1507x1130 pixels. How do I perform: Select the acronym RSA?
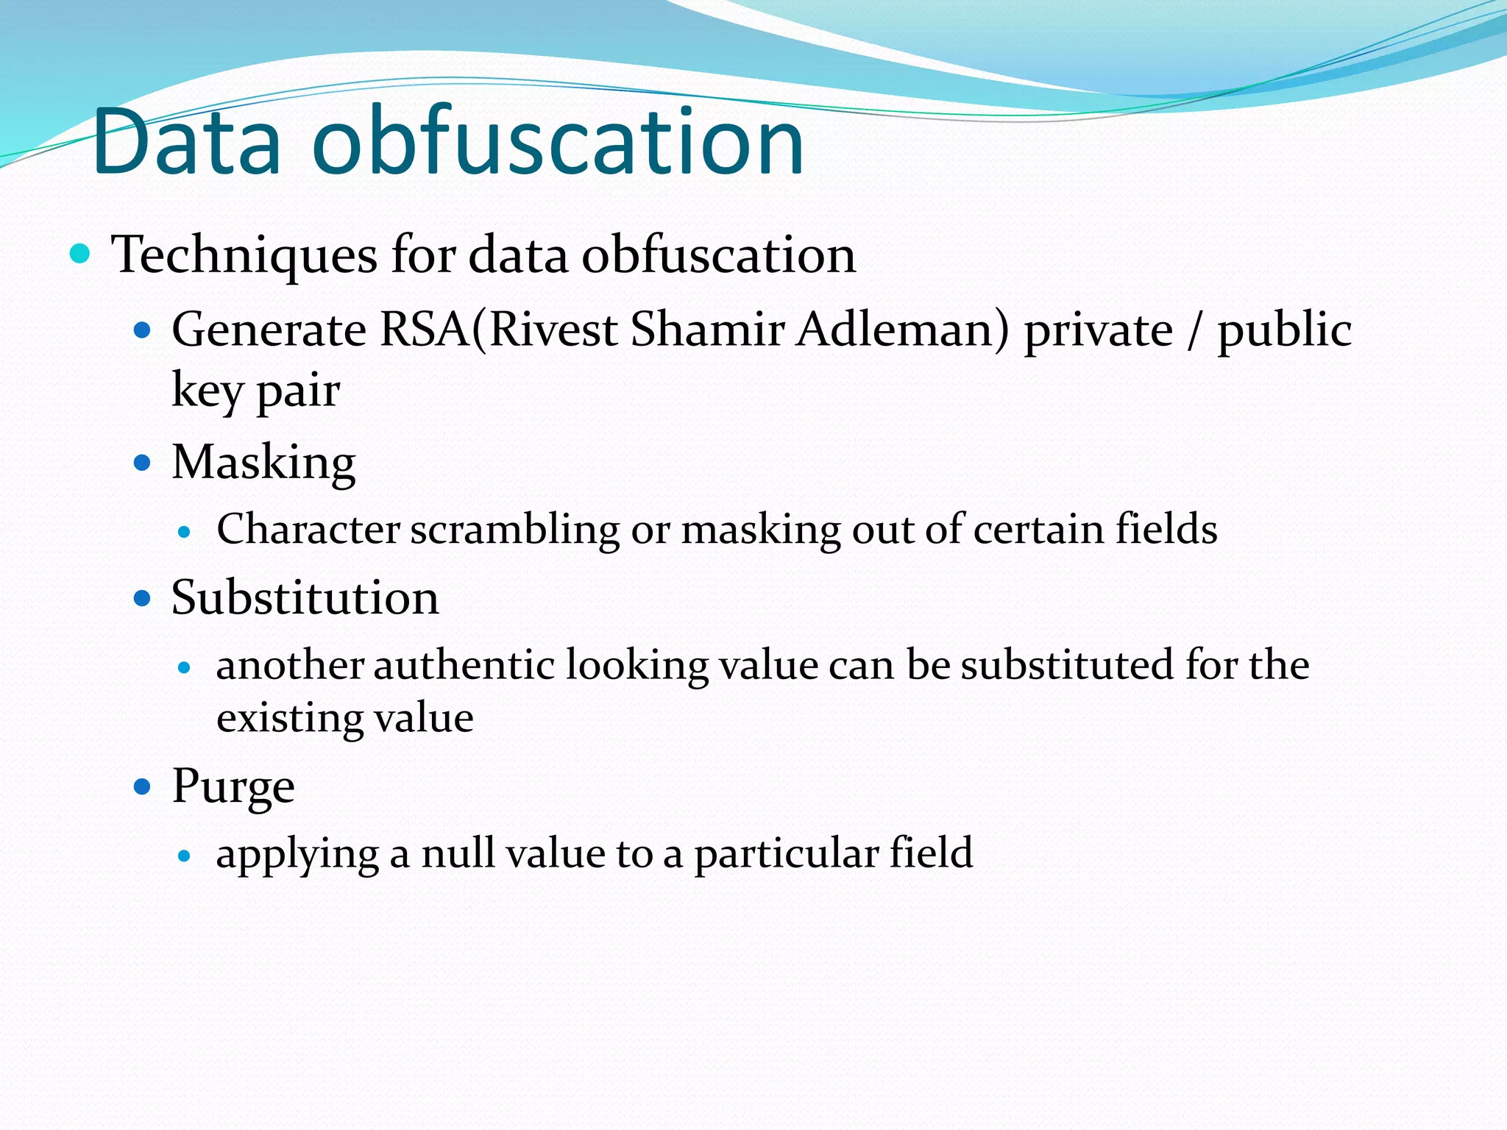pos(425,329)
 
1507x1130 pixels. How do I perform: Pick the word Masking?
pos(263,463)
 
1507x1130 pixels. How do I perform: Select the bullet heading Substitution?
pos(305,597)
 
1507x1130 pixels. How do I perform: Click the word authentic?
pos(464,665)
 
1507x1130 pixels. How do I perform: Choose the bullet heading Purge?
pos(233,786)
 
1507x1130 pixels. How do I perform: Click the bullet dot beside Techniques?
pos(79,255)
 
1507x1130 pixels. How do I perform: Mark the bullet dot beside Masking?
pos(142,463)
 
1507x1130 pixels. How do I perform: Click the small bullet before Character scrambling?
pos(185,531)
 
